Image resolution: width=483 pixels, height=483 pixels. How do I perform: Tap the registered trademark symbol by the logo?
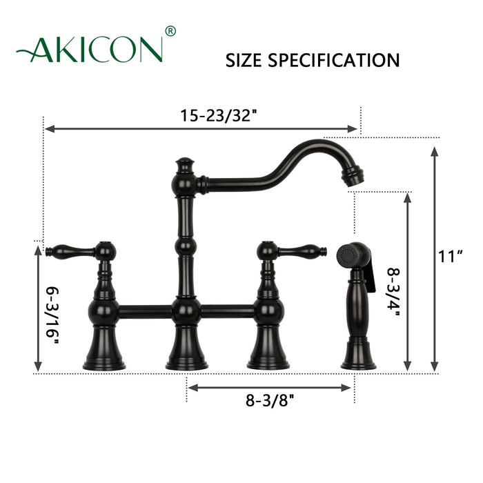coord(170,30)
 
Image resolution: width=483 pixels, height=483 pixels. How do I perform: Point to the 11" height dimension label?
coord(450,256)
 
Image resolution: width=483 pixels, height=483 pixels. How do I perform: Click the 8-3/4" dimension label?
coord(393,282)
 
